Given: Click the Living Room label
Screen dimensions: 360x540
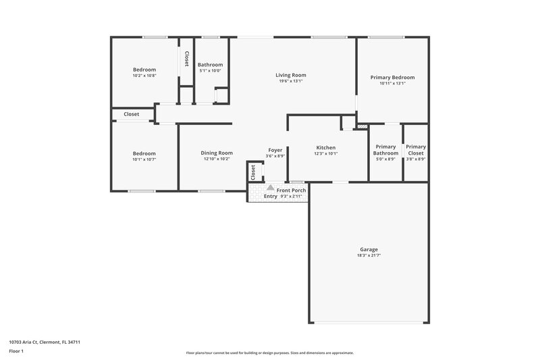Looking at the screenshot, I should (x=290, y=75).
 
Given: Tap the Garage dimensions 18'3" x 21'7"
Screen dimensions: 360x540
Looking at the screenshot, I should (x=369, y=255).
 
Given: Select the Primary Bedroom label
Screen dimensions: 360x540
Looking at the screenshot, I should (x=392, y=78).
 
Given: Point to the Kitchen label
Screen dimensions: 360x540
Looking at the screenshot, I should (x=326, y=147).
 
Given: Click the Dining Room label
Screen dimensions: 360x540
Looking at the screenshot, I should (x=217, y=153).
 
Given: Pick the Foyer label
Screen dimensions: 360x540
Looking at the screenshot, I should (x=275, y=150).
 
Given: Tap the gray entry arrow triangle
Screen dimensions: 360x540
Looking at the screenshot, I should (x=270, y=188).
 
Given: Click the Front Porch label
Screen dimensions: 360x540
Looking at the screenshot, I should (x=291, y=190).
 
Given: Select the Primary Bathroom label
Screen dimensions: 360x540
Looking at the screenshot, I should (x=385, y=150).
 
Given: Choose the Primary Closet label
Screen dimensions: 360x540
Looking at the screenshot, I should (x=416, y=150).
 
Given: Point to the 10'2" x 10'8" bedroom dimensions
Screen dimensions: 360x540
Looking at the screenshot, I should (x=144, y=76).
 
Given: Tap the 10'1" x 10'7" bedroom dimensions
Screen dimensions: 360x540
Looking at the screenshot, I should (x=144, y=159).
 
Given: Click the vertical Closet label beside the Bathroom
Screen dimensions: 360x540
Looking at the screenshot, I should (x=186, y=59).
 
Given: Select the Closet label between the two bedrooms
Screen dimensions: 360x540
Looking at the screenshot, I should (x=132, y=114).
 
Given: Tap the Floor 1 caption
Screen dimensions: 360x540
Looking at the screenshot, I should (x=16, y=351).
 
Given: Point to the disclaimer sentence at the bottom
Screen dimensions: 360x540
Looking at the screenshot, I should (x=269, y=353).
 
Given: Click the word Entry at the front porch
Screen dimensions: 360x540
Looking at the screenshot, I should (x=270, y=197).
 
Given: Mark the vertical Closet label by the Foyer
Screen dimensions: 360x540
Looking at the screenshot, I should (x=254, y=172).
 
